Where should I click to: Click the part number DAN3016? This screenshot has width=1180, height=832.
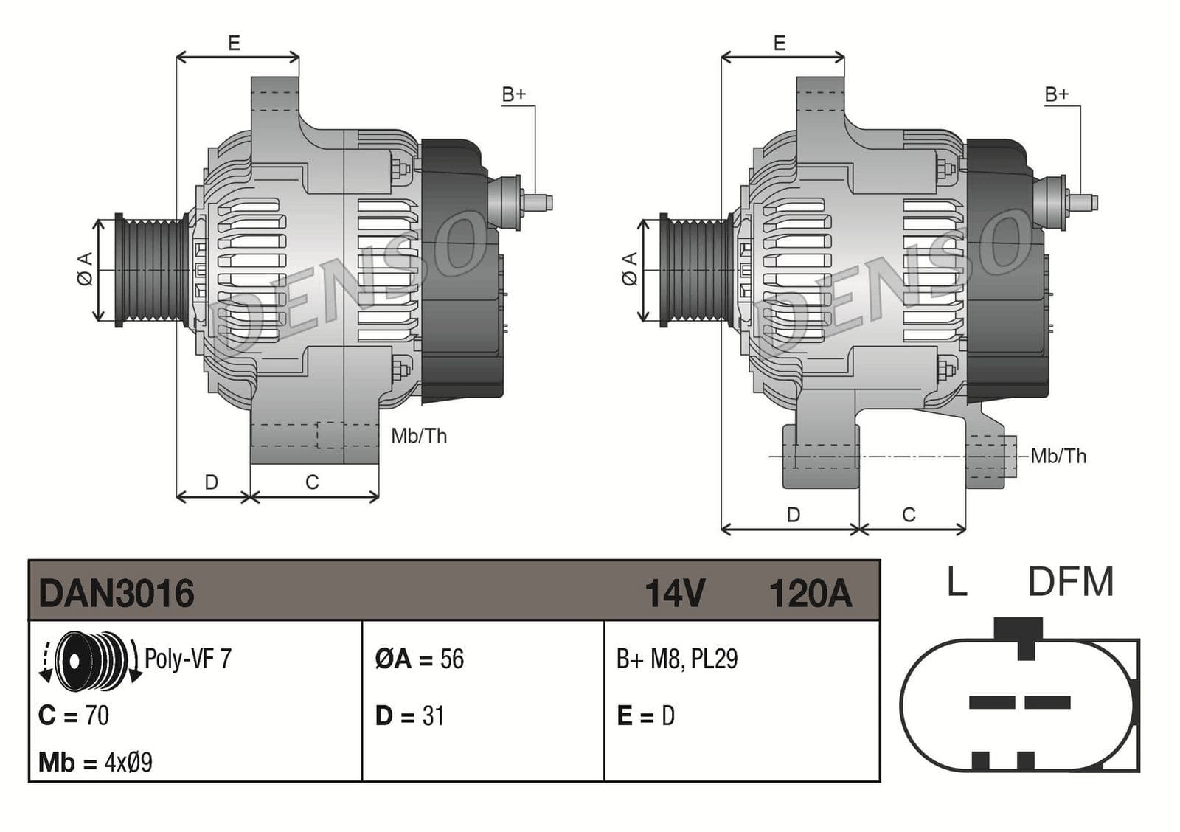click(x=117, y=593)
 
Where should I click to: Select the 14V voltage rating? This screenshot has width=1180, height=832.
click(x=675, y=593)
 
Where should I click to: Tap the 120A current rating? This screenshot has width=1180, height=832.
click(x=810, y=593)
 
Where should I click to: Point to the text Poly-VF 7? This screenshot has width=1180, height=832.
click(x=188, y=658)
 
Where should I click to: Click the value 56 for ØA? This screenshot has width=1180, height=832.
click(x=452, y=659)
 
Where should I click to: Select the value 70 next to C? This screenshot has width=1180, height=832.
click(x=97, y=715)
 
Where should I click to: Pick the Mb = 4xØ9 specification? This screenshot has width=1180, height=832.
click(x=96, y=762)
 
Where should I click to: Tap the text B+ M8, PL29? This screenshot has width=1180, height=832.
click(x=677, y=659)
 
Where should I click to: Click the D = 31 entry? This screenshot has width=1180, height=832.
click(x=410, y=715)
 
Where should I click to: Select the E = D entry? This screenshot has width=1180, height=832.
click(x=645, y=715)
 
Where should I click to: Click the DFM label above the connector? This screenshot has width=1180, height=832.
click(x=1070, y=583)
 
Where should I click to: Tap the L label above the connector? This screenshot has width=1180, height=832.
click(x=957, y=583)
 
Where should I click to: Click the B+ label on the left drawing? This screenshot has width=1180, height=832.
click(x=514, y=94)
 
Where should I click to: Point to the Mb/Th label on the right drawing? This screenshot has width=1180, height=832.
click(x=1058, y=456)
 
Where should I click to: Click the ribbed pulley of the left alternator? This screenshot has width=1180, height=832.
click(x=152, y=271)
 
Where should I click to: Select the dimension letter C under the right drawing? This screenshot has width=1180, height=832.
click(x=909, y=515)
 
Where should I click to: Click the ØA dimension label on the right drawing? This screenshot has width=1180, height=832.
click(x=629, y=268)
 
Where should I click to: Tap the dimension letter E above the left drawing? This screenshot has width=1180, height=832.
click(x=234, y=44)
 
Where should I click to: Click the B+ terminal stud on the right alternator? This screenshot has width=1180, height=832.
click(x=1084, y=201)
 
